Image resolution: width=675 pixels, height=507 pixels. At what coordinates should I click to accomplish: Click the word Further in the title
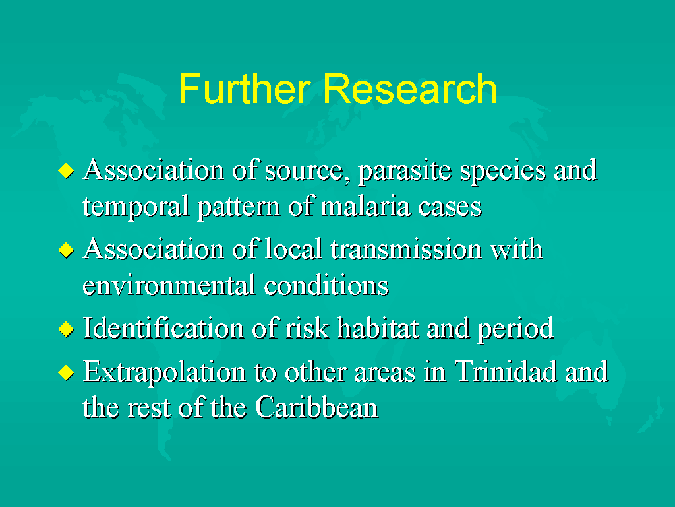pos(245,88)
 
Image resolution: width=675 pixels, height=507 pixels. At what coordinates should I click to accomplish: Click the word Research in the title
pos(409,88)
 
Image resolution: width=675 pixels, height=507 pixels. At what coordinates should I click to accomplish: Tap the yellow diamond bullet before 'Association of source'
pos(66,170)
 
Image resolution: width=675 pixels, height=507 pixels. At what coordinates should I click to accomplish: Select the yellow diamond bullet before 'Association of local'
pos(66,250)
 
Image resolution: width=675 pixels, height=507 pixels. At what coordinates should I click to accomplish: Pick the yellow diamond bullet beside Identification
pos(66,329)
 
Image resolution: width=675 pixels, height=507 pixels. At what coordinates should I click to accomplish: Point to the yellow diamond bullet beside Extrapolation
pos(66,372)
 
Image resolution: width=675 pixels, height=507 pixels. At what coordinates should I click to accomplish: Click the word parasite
pos(405,172)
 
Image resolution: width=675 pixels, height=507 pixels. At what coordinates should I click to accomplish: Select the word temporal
pos(136,207)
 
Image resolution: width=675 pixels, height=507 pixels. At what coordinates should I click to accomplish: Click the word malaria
pos(365,206)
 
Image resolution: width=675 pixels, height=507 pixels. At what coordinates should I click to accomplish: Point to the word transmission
pos(406,250)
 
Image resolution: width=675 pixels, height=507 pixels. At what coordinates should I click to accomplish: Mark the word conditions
pos(326,286)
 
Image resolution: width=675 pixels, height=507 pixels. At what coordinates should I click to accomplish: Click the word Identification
pos(163,329)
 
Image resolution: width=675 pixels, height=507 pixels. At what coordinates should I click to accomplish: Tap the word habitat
pos(378,329)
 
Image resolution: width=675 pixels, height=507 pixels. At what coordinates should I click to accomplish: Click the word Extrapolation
pos(164,373)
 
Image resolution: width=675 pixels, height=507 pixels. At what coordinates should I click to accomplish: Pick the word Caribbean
pos(316,407)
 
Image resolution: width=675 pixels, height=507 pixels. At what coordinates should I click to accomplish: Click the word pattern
pos(239,207)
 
